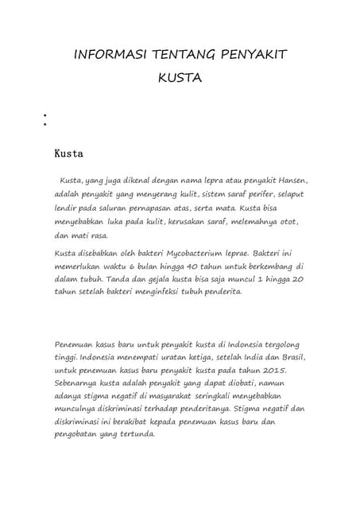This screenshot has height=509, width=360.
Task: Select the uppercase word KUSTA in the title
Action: (x=180, y=79)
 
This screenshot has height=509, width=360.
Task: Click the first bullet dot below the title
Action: (x=37, y=115)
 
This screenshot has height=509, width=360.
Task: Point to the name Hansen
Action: (x=287, y=180)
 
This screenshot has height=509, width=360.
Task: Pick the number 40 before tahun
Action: (x=199, y=268)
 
